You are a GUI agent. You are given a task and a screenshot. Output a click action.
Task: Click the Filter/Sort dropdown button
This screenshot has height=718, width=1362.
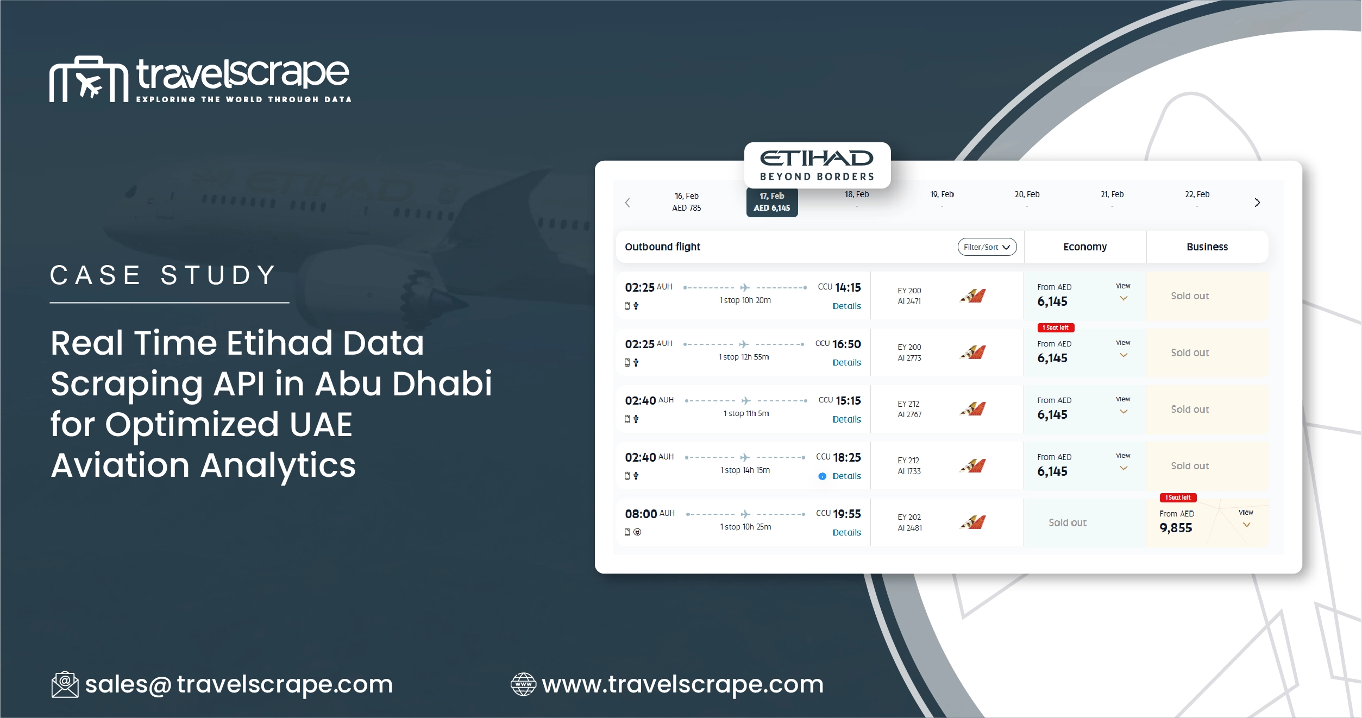(x=987, y=247)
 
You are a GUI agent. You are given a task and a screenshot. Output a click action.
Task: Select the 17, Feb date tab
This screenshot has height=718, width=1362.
(x=771, y=202)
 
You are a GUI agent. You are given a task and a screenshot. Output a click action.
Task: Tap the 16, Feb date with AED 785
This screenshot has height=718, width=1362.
(x=686, y=202)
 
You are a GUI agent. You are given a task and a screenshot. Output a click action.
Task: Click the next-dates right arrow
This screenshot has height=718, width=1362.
(x=1257, y=203)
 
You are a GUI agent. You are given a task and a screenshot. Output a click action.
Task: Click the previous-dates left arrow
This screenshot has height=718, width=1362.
(x=627, y=203)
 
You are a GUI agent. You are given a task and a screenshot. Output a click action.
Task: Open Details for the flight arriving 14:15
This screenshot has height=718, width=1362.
(x=846, y=306)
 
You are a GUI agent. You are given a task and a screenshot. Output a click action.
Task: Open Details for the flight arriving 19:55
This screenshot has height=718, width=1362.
(x=846, y=533)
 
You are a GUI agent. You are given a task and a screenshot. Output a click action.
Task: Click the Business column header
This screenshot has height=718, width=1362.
(x=1207, y=247)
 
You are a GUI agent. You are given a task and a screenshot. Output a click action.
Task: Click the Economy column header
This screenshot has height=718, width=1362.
(x=1084, y=247)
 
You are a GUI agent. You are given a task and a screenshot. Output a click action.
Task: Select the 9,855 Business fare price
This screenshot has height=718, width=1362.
(x=1176, y=528)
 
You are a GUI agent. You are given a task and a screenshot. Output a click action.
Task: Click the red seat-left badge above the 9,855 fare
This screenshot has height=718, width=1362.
(x=1178, y=497)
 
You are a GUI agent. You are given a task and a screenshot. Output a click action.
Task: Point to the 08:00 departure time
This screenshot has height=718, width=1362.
(x=641, y=514)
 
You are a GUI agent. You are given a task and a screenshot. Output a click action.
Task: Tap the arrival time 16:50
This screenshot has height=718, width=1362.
(x=846, y=344)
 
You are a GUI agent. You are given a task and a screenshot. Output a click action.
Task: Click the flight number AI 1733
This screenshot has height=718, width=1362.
(x=909, y=471)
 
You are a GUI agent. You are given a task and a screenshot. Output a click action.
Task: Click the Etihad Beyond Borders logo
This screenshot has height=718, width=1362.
(x=817, y=165)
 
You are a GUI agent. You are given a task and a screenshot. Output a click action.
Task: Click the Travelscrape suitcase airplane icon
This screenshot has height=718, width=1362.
(x=89, y=79)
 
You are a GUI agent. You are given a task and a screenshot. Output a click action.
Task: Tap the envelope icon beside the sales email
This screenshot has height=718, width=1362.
(x=65, y=684)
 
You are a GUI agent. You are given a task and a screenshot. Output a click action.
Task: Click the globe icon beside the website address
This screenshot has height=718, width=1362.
(x=523, y=684)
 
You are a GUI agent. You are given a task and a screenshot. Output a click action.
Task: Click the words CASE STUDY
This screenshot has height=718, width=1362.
(x=164, y=275)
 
